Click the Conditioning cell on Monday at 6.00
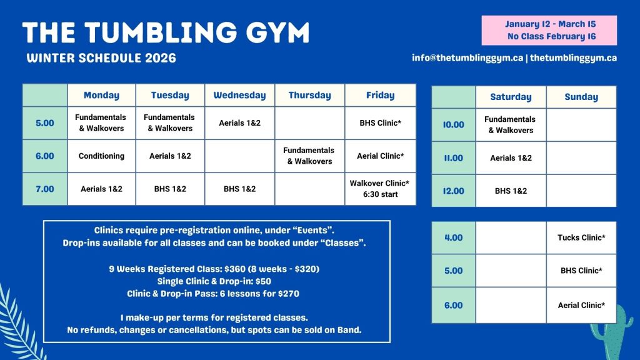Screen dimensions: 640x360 coord(101,156)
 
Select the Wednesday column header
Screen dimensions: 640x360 coord(239,95)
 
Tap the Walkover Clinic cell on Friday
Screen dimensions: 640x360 coord(381,189)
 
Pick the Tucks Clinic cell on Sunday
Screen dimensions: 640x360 coord(581,237)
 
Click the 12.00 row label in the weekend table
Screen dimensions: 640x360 coord(454,191)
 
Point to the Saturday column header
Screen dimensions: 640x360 coord(511,97)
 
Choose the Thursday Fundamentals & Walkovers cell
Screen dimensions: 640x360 coord(309,156)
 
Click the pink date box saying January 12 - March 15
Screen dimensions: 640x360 coord(549,30)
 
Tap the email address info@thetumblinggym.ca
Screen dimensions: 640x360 coord(467,58)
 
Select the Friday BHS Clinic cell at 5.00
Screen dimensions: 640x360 coord(381,123)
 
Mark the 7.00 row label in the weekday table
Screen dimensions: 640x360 coord(45,189)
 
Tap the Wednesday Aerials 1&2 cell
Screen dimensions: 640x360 coord(239,123)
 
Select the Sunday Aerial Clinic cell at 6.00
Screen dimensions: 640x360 coord(581,305)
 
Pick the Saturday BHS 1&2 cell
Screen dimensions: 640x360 coord(511,191)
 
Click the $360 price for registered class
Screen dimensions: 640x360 coord(235,269)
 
